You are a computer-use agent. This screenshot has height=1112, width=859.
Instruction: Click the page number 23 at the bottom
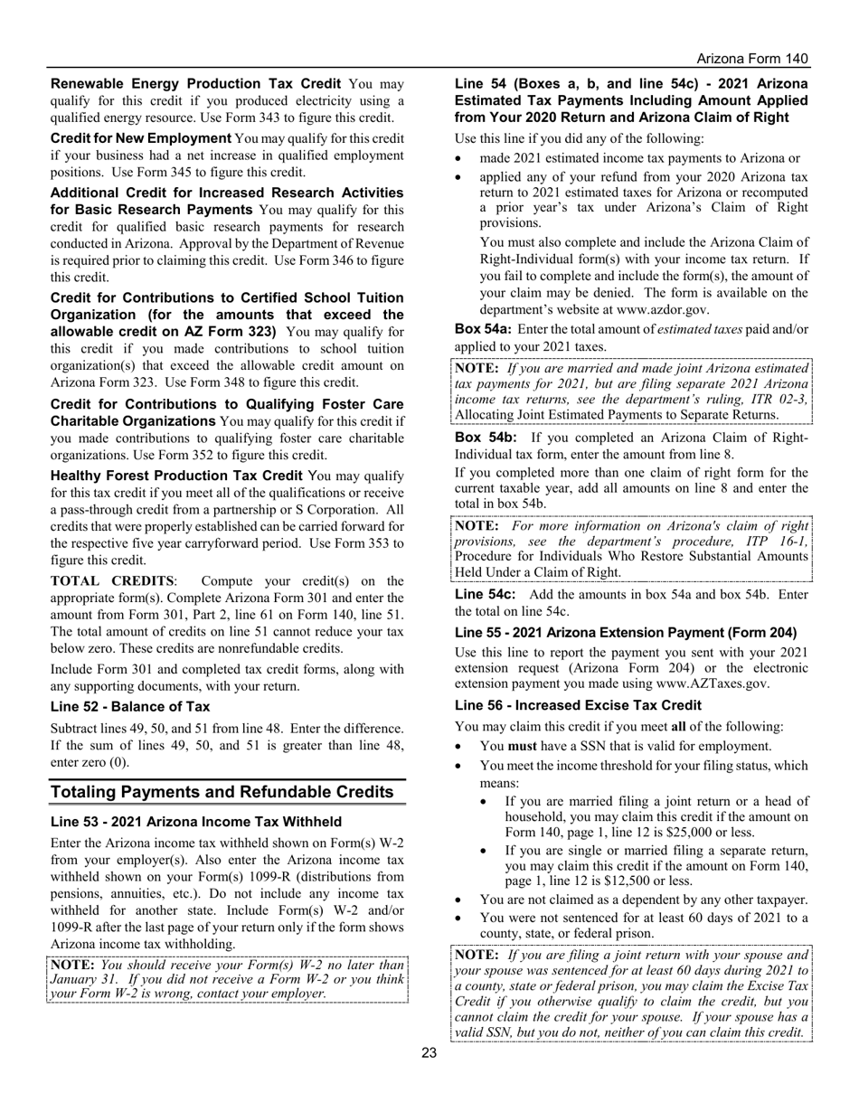(429, 1052)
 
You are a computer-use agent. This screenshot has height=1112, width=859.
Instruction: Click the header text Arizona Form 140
(746, 59)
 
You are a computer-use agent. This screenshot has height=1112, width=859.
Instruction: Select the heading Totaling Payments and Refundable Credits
(222, 793)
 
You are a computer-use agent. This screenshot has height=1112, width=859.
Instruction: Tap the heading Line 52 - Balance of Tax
(130, 707)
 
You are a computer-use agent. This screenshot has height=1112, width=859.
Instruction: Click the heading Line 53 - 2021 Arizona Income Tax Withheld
(196, 822)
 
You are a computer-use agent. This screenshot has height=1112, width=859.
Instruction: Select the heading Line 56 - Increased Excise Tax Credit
(578, 705)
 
